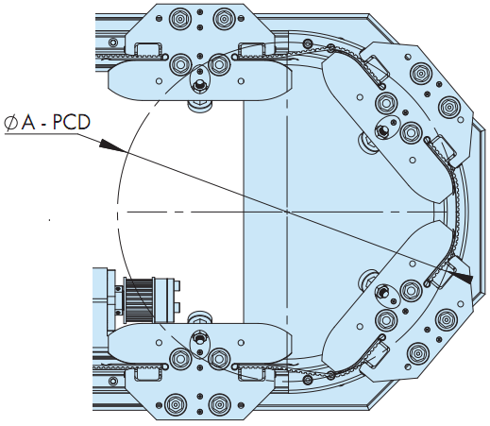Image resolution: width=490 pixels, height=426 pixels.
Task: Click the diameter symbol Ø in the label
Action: click(x=11, y=123)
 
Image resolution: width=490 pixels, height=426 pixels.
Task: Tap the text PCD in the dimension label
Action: click(x=72, y=123)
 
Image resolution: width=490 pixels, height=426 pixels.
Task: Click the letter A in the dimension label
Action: click(x=28, y=123)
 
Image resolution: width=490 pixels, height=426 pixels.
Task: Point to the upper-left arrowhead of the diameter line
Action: click(x=110, y=145)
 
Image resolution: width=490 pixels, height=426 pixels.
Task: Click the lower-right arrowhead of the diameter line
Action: click(x=462, y=277)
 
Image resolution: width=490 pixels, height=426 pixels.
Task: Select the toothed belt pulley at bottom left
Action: click(x=139, y=299)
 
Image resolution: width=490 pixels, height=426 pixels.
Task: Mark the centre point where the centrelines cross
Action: click(x=287, y=212)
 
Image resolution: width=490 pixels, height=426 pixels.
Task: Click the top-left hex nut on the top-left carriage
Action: click(x=179, y=19)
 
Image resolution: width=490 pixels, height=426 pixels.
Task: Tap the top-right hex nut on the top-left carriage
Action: click(x=223, y=19)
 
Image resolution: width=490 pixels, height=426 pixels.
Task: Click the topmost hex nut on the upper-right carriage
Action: click(x=421, y=74)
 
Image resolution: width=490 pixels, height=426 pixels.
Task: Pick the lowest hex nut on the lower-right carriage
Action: click(x=417, y=353)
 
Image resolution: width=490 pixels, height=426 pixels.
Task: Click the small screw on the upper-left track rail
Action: click(x=112, y=42)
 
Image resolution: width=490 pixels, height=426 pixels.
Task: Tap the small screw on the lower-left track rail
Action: click(x=112, y=382)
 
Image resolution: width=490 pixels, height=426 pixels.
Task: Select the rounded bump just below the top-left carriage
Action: click(x=200, y=105)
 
